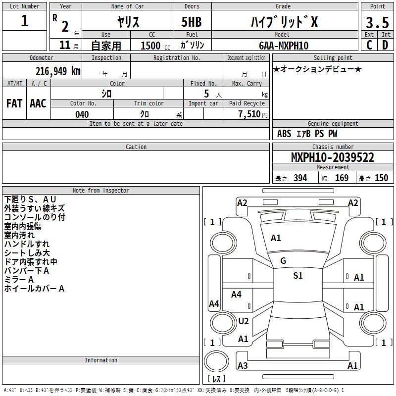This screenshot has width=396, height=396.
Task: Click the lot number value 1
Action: (24, 20)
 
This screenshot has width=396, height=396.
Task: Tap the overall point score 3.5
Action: (377, 22)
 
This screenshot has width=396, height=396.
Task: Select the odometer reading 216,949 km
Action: (58, 71)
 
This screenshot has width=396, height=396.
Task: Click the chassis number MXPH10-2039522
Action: (333, 157)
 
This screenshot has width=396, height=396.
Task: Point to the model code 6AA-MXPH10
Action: (284, 46)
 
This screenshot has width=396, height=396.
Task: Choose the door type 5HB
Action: (192, 22)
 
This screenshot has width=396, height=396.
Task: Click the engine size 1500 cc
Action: (155, 46)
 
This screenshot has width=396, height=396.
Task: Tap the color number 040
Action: (82, 114)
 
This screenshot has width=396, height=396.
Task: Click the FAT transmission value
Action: (14, 103)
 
